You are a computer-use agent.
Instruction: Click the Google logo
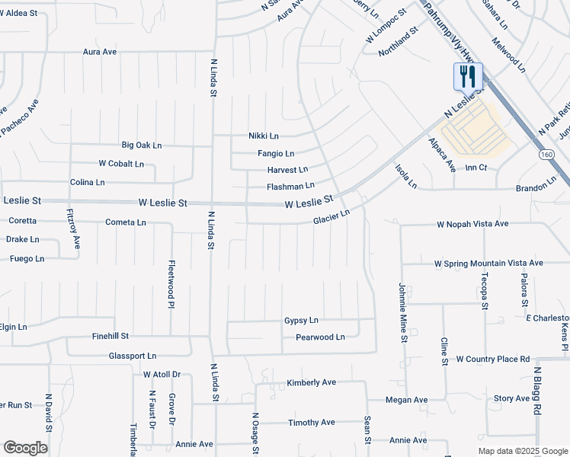(x=25, y=448)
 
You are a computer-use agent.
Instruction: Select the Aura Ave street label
(x=100, y=52)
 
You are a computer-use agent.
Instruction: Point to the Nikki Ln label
(x=264, y=136)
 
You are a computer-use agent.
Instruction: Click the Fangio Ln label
(x=276, y=153)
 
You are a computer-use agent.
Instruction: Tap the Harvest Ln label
(x=287, y=169)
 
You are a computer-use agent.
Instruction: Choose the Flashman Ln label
(x=290, y=186)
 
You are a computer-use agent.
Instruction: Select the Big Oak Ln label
(x=142, y=145)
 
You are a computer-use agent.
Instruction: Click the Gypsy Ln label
(x=301, y=321)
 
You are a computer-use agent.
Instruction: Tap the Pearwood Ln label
(x=320, y=337)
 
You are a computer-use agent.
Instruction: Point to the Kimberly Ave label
(x=311, y=382)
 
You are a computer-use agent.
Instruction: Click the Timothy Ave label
(x=311, y=422)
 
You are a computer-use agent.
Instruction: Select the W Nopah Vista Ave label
(x=472, y=225)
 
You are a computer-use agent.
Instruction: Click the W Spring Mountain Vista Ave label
(x=488, y=263)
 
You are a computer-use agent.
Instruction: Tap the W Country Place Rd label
(x=492, y=359)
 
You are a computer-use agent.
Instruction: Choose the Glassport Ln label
(x=132, y=356)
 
